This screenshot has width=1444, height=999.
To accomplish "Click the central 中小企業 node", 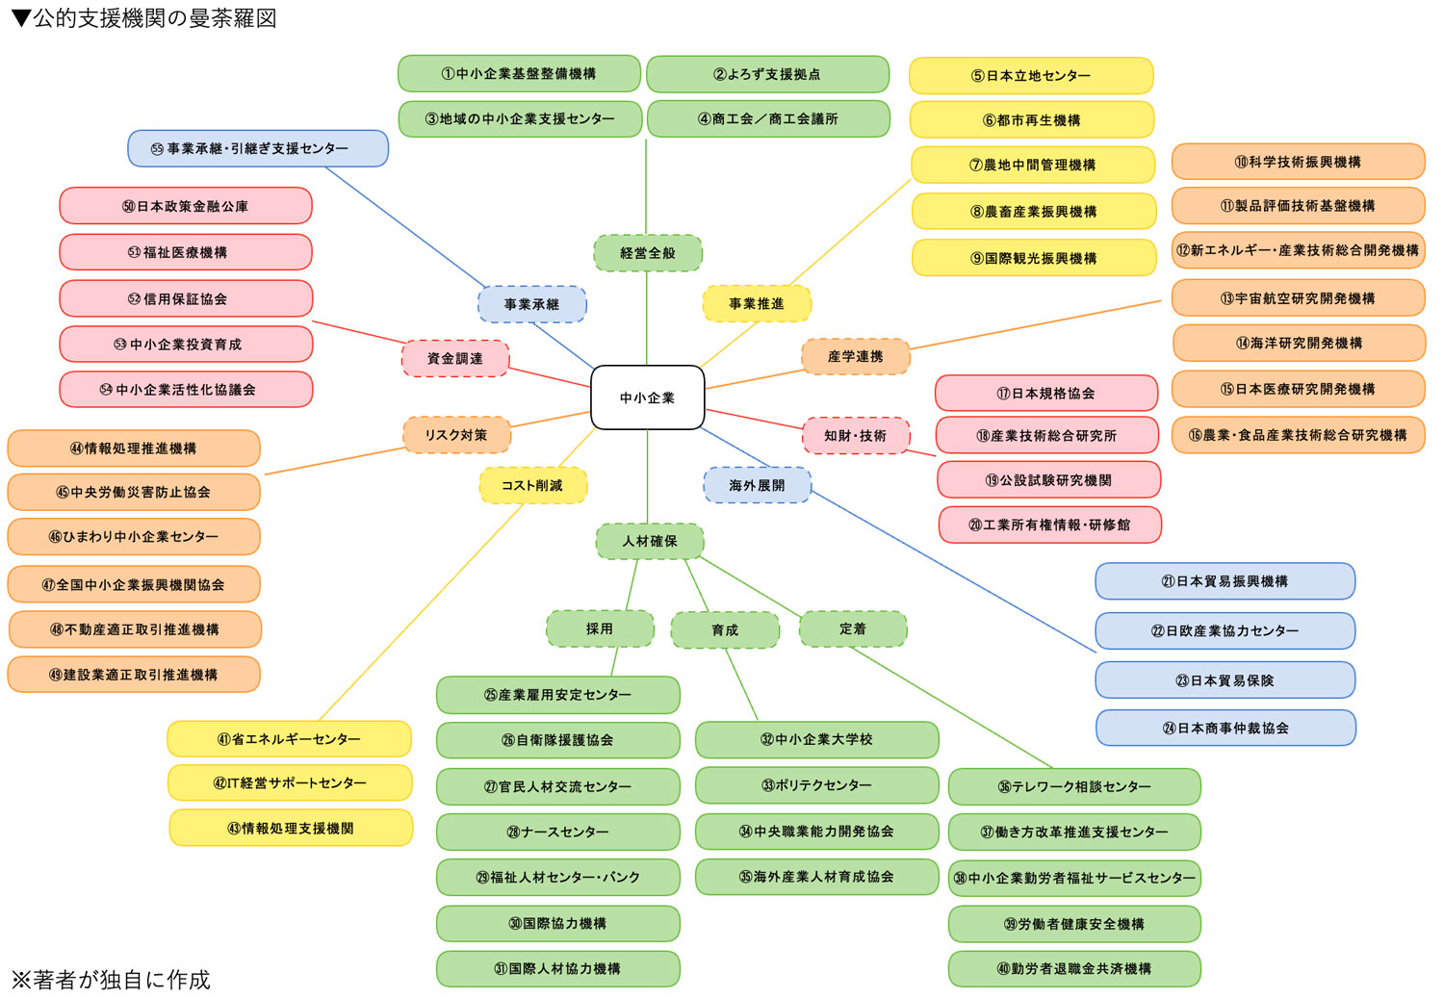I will pos(647,397).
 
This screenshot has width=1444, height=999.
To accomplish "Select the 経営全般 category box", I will pos(648,253).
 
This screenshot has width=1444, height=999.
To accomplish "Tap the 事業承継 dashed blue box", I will pos(531,304).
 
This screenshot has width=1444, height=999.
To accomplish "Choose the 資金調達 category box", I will pos(454,358).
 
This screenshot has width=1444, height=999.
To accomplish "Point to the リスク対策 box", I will pos(456,435).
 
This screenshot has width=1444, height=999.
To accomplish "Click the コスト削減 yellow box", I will pos(532,485).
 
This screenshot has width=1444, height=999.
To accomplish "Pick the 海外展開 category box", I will pos(757,485).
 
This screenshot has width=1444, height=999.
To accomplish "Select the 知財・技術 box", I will pos(855,436).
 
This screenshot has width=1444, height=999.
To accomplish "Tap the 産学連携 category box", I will pos(855,356).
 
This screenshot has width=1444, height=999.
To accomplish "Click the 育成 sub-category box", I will pos(725,629).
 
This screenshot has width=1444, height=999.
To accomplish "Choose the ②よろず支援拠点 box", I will pos(767,74).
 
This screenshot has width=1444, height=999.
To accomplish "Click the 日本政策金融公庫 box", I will pos(186,206).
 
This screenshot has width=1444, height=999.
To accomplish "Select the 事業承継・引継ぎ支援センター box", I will pos(258,149).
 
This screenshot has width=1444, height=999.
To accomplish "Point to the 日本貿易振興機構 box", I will pos(1225,581).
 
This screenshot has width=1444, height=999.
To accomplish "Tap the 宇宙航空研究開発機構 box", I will pos(1298,298).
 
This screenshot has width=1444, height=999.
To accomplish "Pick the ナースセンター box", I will pos(557,832).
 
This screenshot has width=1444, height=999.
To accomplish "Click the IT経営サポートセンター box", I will pos(290,783).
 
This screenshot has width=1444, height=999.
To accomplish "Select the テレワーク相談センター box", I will pos(1074,786).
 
